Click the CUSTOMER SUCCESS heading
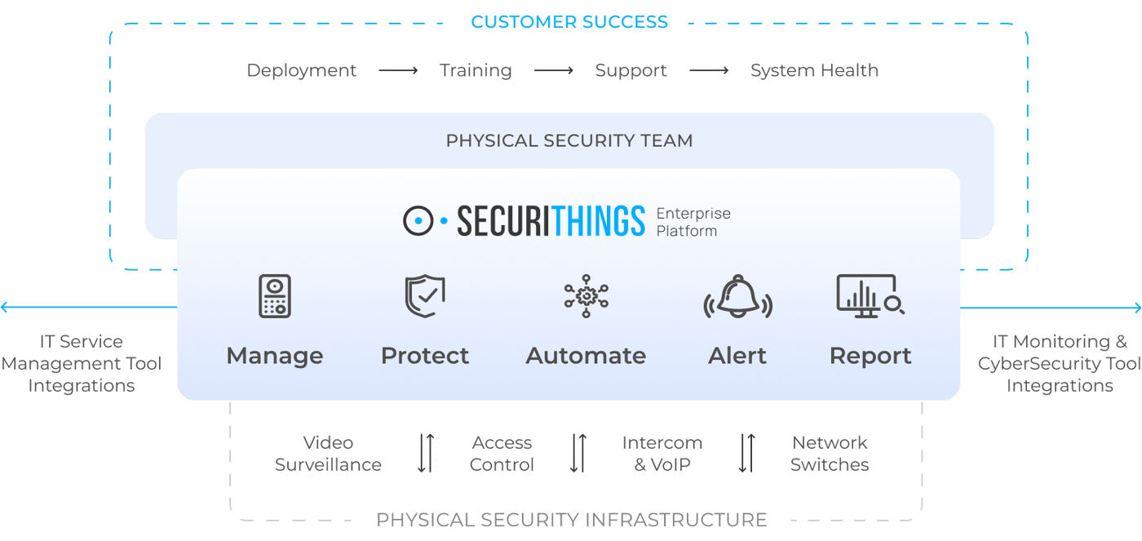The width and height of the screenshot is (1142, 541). (569, 22)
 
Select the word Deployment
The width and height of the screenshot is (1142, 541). (301, 70)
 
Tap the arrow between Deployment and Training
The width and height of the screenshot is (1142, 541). (398, 70)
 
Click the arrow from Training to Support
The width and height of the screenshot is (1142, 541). (554, 70)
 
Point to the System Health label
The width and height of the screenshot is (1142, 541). (814, 70)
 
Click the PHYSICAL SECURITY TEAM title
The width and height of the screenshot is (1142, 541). (569, 140)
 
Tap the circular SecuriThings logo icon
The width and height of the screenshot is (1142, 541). (418, 221)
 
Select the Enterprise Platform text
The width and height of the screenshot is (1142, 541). (693, 222)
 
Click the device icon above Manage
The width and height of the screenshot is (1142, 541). (275, 296)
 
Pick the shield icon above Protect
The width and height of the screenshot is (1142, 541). (425, 296)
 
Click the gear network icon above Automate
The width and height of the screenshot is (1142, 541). (586, 296)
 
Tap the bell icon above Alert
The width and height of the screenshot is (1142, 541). (737, 297)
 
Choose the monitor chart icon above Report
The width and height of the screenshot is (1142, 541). (870, 296)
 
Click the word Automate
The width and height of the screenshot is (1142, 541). (586, 356)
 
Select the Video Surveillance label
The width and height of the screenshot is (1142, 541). (328, 454)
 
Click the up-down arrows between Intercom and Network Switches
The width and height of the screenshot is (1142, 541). (747, 453)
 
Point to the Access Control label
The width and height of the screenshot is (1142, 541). (502, 454)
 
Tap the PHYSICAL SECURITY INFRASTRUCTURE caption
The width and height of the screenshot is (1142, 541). (572, 520)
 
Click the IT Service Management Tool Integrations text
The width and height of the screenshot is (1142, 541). (82, 364)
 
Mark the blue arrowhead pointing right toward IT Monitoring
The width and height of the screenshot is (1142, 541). (1137, 308)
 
